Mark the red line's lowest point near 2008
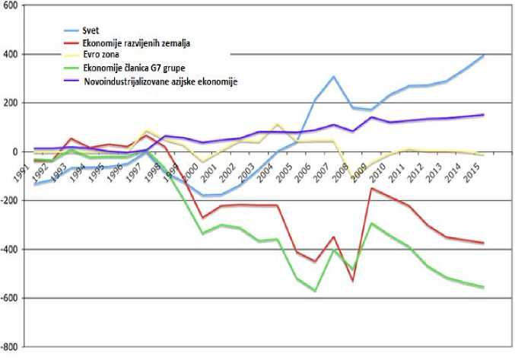(x=353, y=281)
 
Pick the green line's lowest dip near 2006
(x=315, y=291)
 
